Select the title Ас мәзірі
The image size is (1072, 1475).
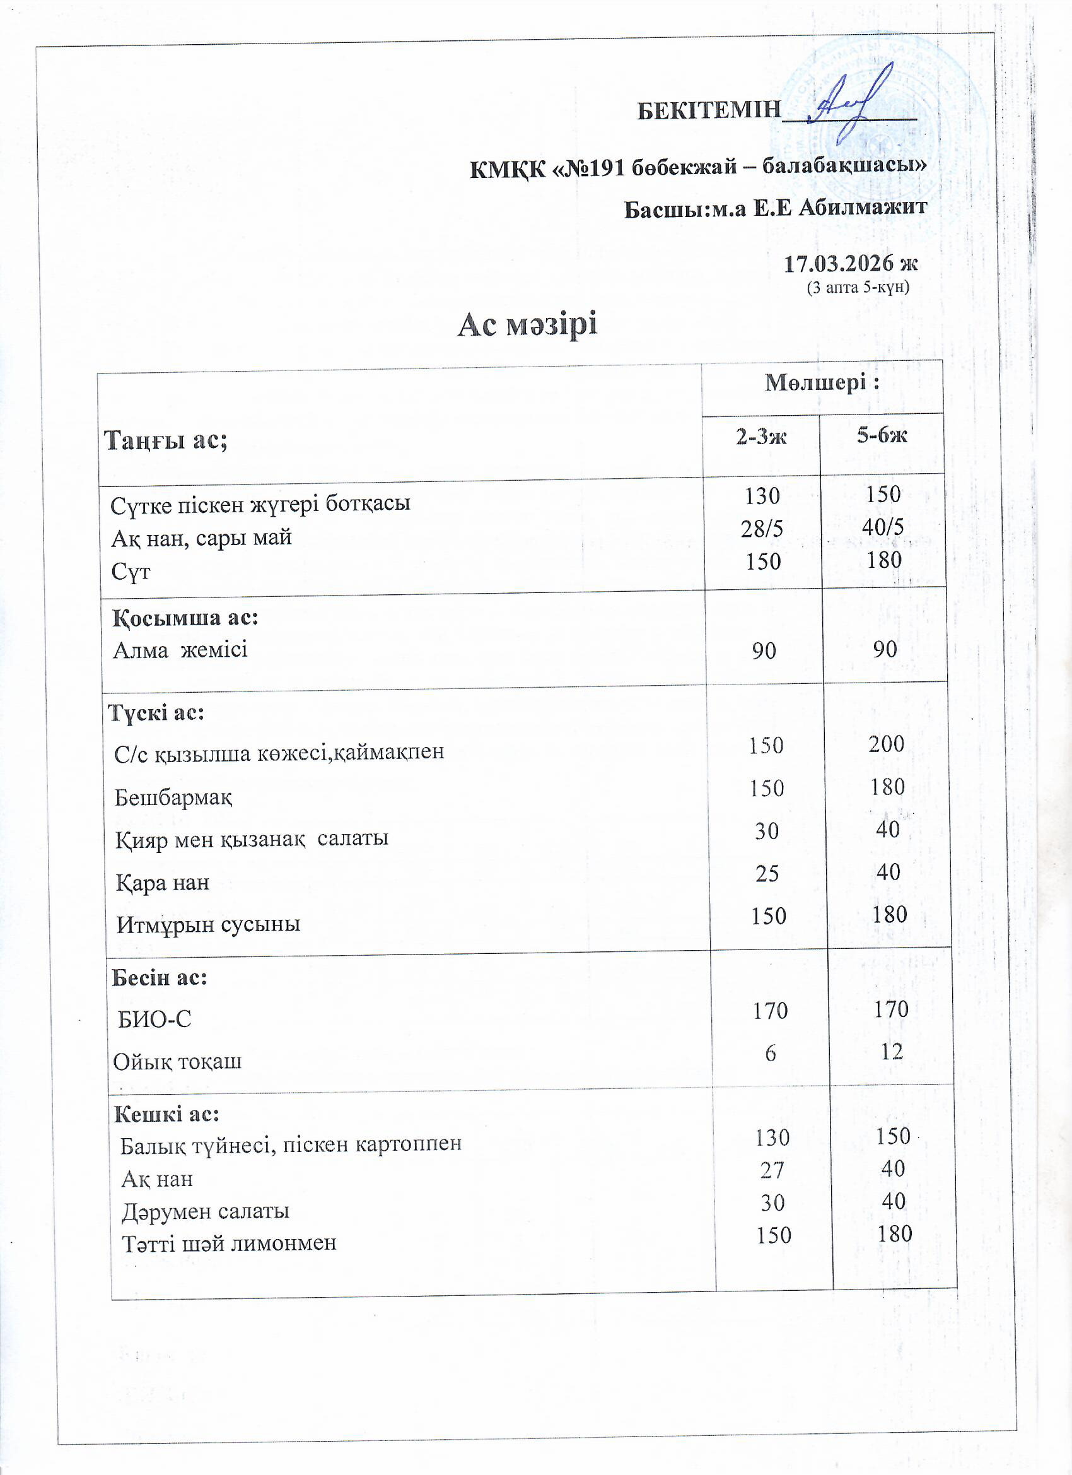coord(527,324)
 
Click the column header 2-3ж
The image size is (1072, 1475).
coord(760,437)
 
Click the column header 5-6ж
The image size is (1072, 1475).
coord(882,435)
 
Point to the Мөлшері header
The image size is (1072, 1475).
coord(822,382)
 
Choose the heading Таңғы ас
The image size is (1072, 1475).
coord(166,440)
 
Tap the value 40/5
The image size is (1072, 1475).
coord(882,527)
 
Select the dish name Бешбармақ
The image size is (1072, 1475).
coord(173,797)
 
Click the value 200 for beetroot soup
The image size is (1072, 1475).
coord(886,743)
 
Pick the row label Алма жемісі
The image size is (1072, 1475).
coord(180,650)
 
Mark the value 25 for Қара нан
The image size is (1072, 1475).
coord(767,873)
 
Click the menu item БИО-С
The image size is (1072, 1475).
coord(154,1019)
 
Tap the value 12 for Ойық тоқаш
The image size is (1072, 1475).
coord(891,1051)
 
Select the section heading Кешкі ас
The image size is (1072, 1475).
coord(167,1114)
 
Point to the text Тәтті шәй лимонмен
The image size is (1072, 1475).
coord(229,1243)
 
